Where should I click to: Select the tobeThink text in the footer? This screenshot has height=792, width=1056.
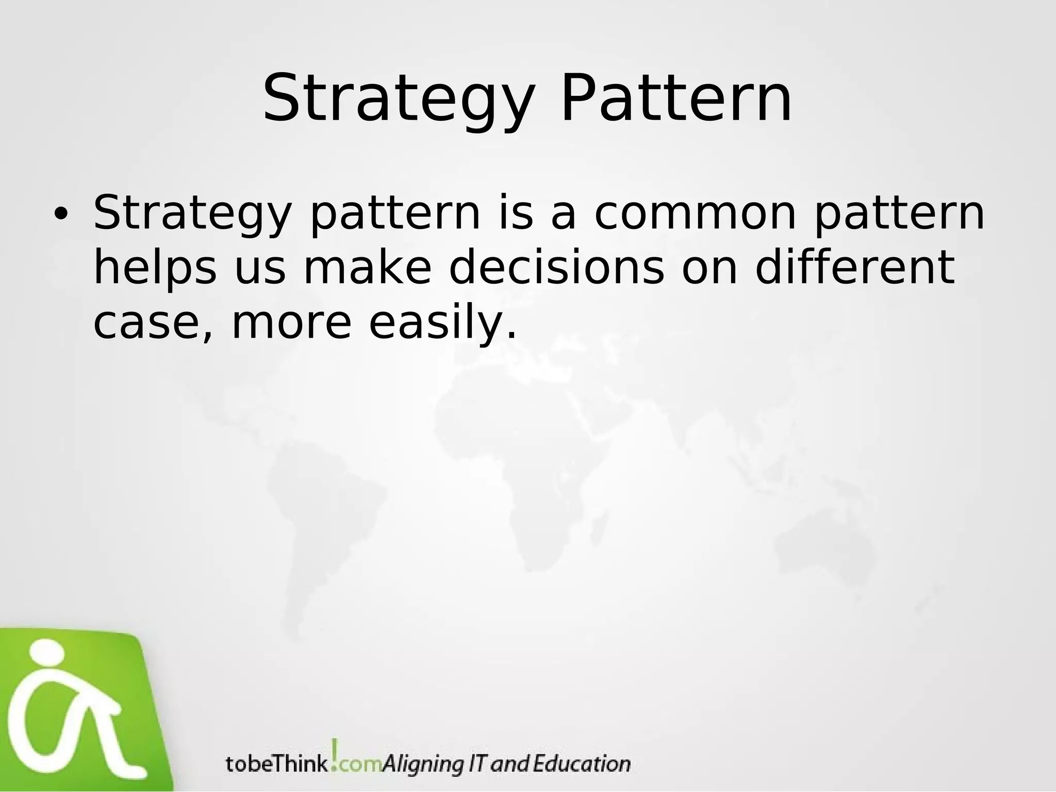pyautogui.click(x=276, y=764)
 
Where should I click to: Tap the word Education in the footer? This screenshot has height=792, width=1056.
pyautogui.click(x=581, y=763)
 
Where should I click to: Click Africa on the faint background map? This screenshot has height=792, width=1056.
pyautogui.click(x=536, y=464)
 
